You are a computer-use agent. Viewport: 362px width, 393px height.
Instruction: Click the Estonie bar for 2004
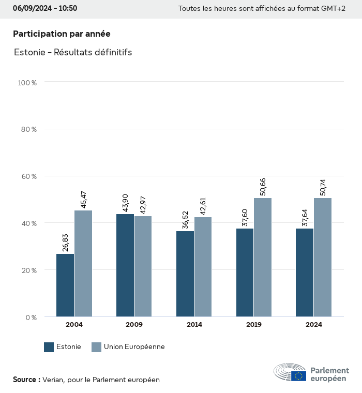coord(65,285)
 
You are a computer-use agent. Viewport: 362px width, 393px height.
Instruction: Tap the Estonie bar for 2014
coord(185,274)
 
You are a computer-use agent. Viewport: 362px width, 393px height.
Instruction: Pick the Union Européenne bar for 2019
coord(263,258)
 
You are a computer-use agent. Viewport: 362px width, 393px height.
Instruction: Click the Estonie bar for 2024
coord(305,273)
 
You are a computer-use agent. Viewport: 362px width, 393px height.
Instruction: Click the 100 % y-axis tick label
coord(27,82)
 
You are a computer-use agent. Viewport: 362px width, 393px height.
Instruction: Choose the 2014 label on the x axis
coord(194,325)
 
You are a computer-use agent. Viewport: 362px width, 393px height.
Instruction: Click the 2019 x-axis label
coord(254,325)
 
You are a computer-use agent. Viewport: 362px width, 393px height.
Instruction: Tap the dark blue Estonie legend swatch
coord(49,347)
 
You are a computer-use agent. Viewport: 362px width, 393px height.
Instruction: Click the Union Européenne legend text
coord(134,347)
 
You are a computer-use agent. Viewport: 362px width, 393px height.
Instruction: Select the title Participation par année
coord(62,34)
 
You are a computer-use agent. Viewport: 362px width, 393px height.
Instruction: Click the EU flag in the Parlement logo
coord(298,376)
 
